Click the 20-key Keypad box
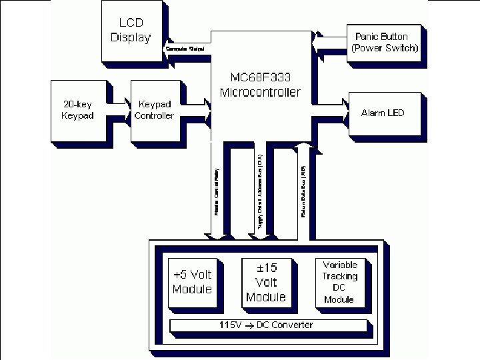coord(79,111)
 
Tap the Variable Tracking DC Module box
coord(339,282)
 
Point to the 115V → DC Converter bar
coord(267,325)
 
